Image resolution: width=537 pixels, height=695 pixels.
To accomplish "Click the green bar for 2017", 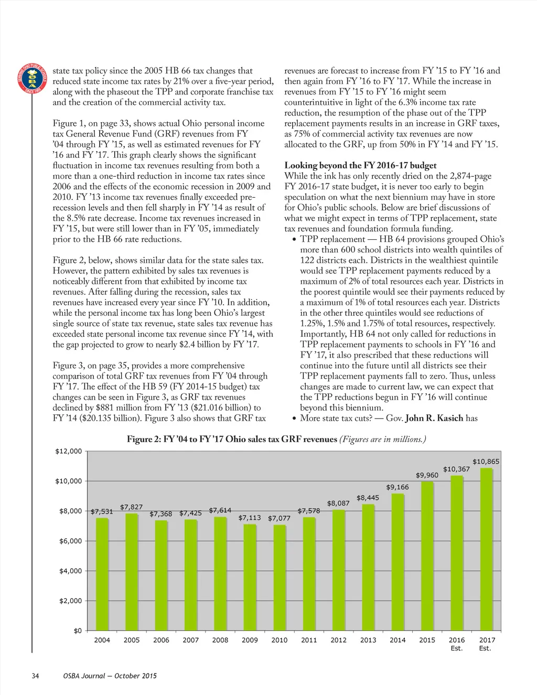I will click(486, 549).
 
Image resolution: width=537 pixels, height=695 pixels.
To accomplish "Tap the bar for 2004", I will click(102, 574).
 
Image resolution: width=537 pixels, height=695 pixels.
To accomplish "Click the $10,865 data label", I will click(486, 462).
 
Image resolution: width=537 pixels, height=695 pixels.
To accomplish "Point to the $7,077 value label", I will click(279, 518).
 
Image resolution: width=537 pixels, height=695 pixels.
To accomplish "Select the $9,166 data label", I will click(397, 487).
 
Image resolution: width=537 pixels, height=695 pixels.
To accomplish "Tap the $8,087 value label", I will click(338, 504).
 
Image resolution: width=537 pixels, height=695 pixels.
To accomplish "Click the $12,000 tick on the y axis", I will click(69, 451).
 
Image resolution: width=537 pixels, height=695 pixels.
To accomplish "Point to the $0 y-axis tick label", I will click(78, 630).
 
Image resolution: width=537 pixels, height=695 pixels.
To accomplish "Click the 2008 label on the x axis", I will click(220, 640).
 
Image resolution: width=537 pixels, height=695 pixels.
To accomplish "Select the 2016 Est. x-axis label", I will click(457, 644).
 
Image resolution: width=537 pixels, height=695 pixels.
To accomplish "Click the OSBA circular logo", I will click(32, 79).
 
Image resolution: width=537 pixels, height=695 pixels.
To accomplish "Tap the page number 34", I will click(35, 676).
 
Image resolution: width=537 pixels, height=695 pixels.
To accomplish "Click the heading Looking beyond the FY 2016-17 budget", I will click(360, 165).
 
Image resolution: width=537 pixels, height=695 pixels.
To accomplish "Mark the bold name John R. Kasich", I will click(434, 418).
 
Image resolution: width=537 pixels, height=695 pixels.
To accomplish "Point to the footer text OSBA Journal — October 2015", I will click(110, 676).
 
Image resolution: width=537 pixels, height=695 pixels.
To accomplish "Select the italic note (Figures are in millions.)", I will click(382, 439).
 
